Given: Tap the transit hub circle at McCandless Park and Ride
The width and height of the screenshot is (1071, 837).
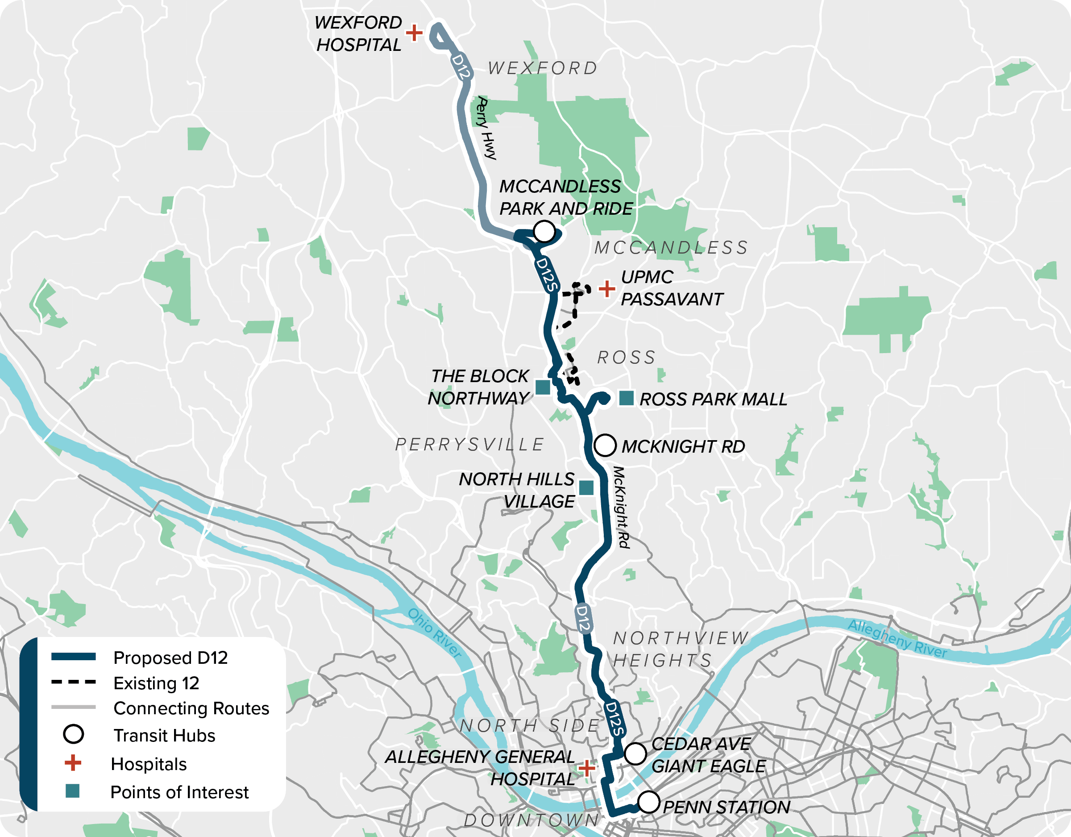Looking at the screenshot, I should pos(544,231).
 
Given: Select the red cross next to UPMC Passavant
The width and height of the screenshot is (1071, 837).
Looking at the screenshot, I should pos(607,288).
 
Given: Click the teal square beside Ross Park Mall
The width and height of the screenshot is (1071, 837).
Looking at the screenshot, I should pos(626,398).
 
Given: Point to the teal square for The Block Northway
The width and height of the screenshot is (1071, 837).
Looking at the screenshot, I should pos(542,387).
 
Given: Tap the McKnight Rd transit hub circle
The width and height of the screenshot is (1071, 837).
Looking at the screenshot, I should pos(605,446).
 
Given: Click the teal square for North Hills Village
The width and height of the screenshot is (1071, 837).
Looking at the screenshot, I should pos(586,487).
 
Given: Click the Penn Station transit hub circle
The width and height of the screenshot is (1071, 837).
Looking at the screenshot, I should pos(648,803).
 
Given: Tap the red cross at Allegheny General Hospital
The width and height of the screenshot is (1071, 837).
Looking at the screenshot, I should pos(586,768).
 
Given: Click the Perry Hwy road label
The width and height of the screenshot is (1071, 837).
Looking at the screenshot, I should pos(486,128).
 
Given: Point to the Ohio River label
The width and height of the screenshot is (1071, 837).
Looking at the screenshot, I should pos(435,633).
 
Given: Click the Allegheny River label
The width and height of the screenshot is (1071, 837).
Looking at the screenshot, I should pos(897,638).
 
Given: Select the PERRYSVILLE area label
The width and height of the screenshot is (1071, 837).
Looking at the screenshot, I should pos(470,445).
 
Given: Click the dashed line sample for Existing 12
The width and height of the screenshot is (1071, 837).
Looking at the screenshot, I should pos(74,683).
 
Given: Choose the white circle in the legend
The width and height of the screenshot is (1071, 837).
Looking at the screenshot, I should pos(74,734).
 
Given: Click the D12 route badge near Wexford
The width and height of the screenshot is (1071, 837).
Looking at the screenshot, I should pos(461,67).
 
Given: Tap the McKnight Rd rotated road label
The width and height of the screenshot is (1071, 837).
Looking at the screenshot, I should pos(621,507).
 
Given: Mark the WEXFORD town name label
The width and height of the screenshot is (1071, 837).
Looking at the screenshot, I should pos(543,68).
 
